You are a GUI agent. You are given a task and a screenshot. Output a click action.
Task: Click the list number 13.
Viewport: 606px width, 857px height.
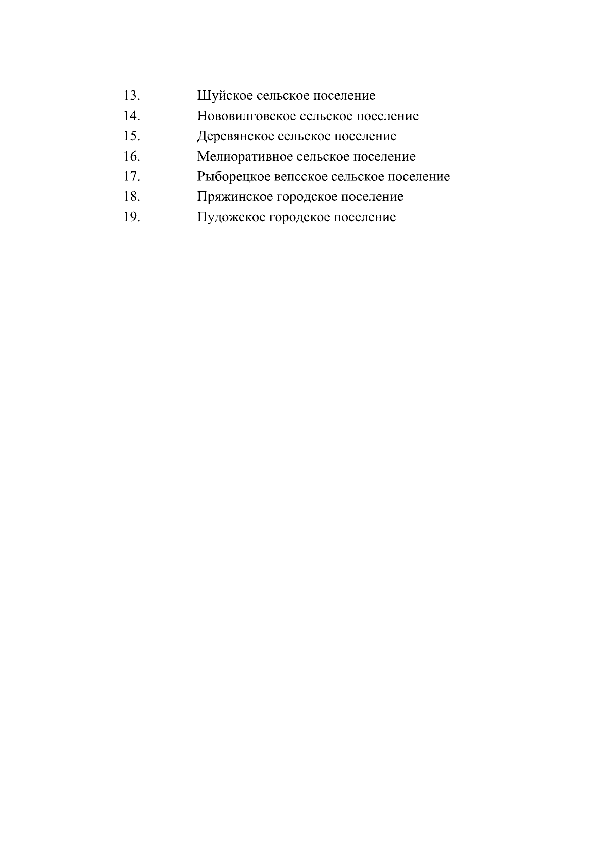pos(131,95)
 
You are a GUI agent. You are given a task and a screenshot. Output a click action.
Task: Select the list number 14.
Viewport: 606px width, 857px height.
pos(131,116)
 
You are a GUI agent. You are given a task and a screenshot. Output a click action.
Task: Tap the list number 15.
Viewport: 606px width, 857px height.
pos(131,136)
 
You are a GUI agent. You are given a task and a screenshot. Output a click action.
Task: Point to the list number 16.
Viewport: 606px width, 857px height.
pos(131,156)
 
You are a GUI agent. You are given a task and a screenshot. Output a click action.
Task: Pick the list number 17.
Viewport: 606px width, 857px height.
pos(131,176)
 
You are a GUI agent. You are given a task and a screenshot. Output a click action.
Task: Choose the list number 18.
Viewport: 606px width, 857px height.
pos(131,196)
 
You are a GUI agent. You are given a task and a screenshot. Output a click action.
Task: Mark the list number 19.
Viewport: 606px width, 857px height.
pos(131,217)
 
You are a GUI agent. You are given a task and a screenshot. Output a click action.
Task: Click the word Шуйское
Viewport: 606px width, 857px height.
pos(225,96)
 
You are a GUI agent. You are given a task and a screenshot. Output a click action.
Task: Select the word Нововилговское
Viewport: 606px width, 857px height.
pos(246,116)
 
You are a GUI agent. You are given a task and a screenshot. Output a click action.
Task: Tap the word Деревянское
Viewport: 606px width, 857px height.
pos(235,136)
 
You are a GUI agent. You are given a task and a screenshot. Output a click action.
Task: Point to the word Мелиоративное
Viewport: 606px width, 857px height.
pos(244,157)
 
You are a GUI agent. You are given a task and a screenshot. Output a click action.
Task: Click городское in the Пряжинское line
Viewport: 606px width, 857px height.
pos(308,197)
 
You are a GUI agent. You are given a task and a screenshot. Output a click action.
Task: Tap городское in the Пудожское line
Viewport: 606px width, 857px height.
pos(300,217)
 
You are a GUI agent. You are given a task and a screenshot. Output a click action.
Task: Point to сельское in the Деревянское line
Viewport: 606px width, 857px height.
pos(305,136)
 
